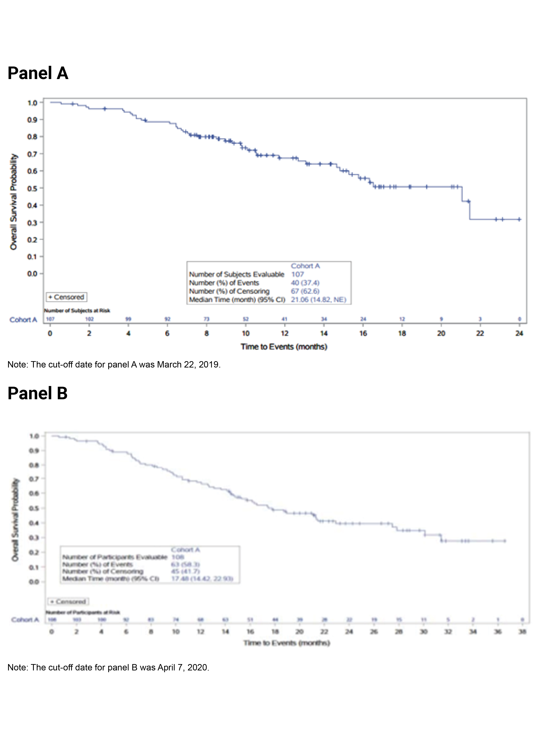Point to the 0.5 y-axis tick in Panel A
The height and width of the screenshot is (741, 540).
32,188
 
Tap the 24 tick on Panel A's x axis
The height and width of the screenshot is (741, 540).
519,333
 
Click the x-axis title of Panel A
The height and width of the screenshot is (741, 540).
284,347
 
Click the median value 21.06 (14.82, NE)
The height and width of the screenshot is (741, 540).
318,300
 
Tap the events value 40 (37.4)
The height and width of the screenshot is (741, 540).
305,283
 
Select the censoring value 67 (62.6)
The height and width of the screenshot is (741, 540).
305,291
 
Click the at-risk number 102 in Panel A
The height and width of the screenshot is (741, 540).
89,319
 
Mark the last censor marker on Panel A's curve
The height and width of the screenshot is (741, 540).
519,219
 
